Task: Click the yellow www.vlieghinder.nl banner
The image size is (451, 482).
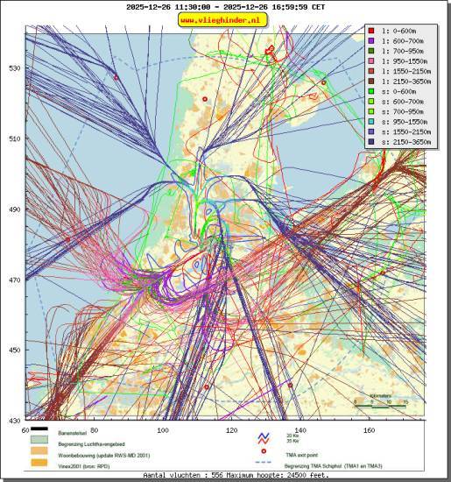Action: point(225,19)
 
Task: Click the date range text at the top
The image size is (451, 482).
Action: point(225,6)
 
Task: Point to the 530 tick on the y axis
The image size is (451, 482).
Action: point(14,67)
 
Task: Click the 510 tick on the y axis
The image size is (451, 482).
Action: point(14,138)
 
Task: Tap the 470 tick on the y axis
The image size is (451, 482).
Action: point(14,280)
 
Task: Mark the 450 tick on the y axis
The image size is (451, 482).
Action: point(14,351)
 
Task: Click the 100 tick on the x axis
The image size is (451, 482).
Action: point(163,430)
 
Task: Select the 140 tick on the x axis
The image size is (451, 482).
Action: point(300,430)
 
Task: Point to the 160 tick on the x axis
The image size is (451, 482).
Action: point(369,430)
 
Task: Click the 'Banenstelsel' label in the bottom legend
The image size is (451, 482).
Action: point(75,432)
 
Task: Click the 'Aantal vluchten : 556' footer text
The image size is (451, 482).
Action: point(175,475)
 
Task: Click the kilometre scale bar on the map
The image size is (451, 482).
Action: point(380,404)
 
